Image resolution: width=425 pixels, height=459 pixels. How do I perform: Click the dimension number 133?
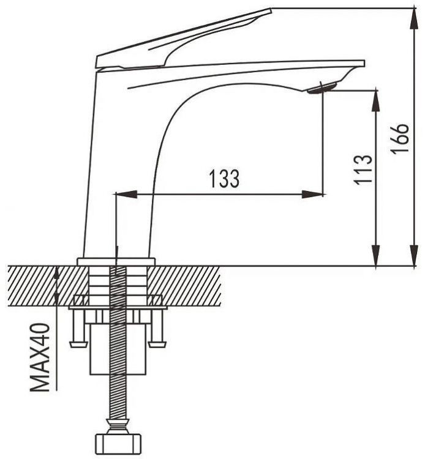(x=224, y=178)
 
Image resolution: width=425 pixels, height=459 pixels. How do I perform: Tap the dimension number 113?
(x=363, y=170)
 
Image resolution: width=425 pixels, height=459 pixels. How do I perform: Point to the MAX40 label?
(x=40, y=357)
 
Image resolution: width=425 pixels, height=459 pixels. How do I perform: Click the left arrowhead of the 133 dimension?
(x=127, y=194)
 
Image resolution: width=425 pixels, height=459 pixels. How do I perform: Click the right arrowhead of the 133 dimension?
(x=313, y=194)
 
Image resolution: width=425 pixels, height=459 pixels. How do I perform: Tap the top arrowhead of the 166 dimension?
(x=414, y=18)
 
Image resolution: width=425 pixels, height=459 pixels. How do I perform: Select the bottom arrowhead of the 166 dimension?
(x=414, y=256)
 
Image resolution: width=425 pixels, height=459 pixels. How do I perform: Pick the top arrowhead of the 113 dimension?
(x=376, y=101)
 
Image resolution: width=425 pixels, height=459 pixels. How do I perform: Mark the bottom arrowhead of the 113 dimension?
(x=376, y=256)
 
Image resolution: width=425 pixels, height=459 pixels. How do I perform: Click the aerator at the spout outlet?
(x=322, y=88)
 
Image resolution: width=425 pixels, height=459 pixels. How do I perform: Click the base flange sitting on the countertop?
(x=116, y=261)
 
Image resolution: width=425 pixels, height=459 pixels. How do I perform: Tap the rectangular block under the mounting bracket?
(x=118, y=349)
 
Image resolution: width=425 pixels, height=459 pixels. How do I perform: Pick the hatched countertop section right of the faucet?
(x=184, y=286)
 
